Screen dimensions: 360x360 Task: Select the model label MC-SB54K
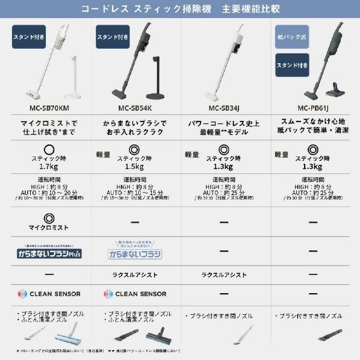[x=135, y=109]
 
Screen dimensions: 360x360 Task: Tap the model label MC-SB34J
[x=225, y=109]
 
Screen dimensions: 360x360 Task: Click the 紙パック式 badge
[x=291, y=36]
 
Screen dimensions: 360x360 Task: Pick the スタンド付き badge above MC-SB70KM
[x=28, y=37]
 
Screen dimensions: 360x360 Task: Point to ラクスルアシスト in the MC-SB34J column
[x=225, y=275]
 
